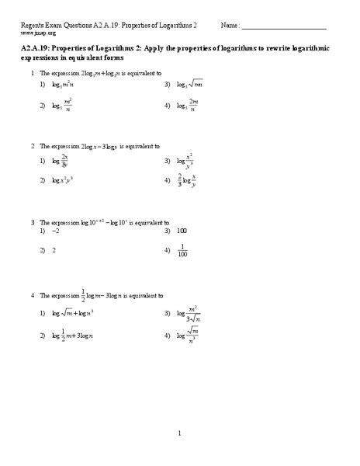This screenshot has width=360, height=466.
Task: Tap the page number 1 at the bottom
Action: coord(179,433)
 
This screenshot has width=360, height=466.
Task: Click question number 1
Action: coord(32,72)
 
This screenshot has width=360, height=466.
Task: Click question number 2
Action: coord(32,145)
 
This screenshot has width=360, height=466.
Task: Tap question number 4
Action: coord(32,296)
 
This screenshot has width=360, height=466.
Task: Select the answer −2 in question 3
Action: coord(55,231)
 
